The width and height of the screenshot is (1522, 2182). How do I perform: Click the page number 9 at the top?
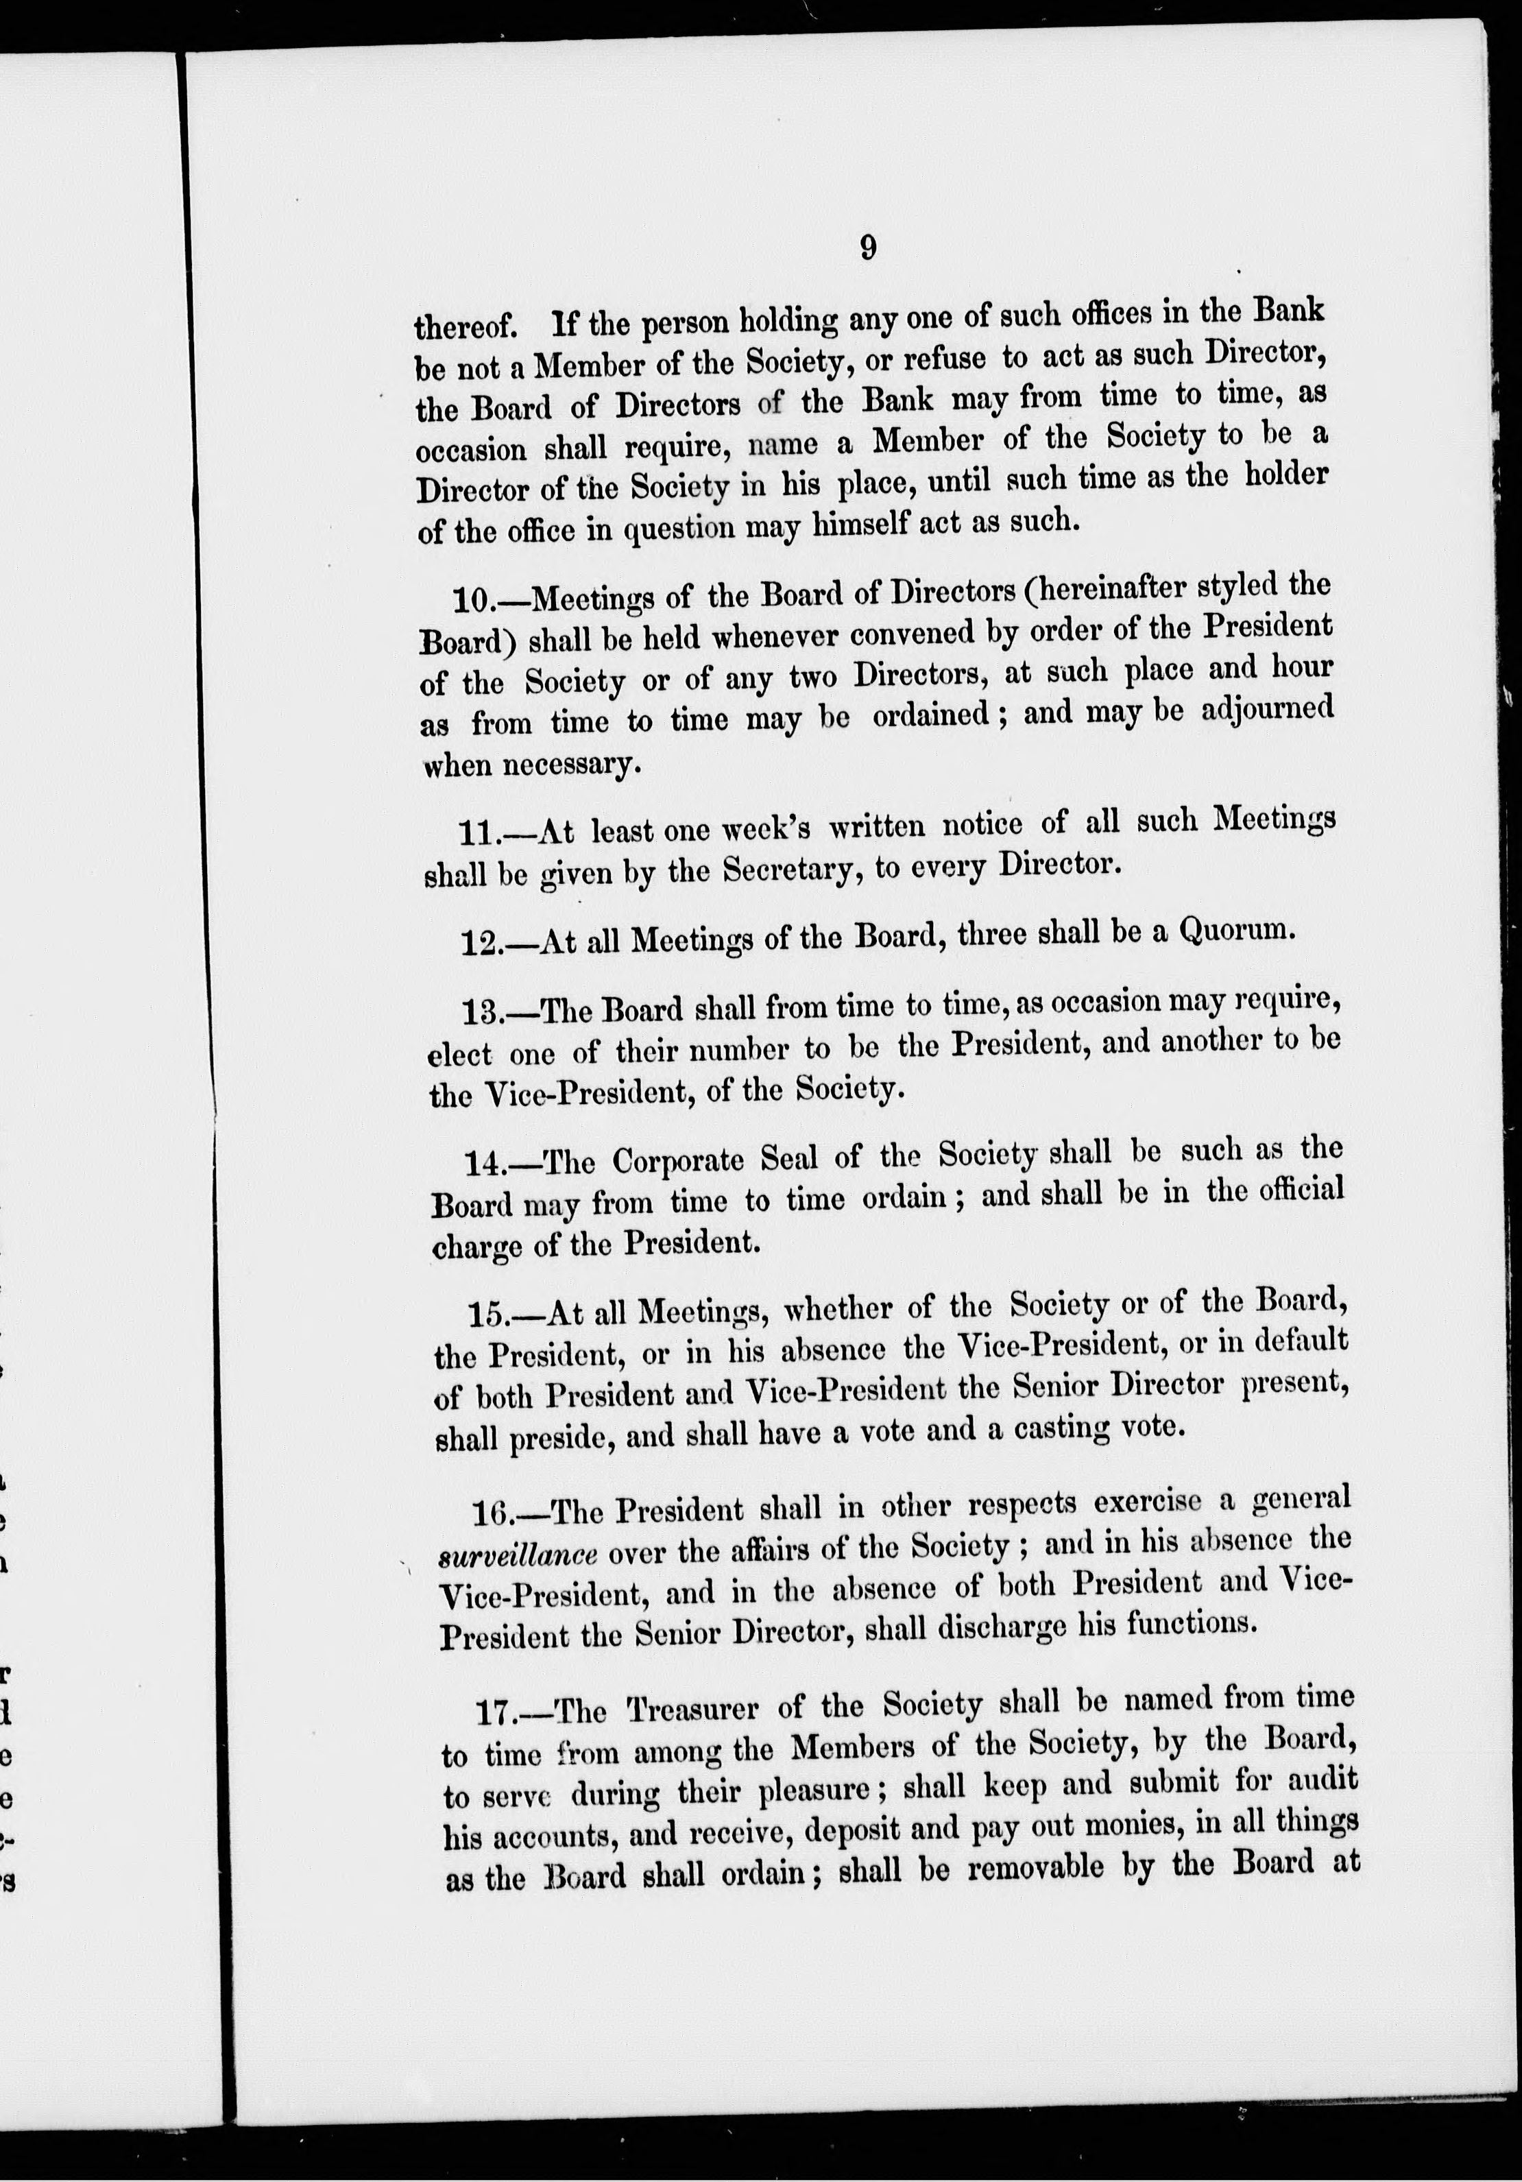point(867,249)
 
